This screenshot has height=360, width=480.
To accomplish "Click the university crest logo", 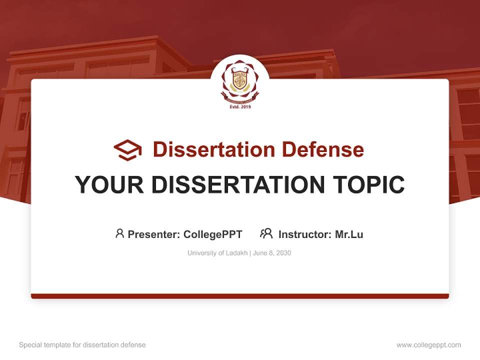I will pos(240,82).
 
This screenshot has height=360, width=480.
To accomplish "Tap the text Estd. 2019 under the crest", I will pos(240,106).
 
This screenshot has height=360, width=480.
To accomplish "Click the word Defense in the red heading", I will pos(322,149).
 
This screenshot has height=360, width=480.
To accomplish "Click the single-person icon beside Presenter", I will pos(119,233).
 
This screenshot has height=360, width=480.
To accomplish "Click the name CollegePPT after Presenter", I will pos(213,234).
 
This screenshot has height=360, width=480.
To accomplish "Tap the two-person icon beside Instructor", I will pos(266,233).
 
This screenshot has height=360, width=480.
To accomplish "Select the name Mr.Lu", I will pos(349,234).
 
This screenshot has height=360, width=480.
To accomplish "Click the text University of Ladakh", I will pos(217,253).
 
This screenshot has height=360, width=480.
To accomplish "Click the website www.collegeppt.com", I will pos(428,345).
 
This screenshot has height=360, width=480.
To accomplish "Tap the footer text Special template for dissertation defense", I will pos(82,345).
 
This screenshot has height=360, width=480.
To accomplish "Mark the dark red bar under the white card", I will pos(240,296).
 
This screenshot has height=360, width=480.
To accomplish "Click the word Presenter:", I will pos(154,234).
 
